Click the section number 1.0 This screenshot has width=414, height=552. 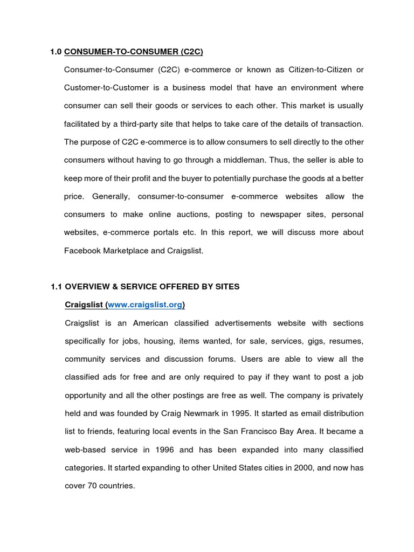point(56,52)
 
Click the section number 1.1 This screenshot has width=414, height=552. point(56,287)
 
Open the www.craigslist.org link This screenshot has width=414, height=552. point(145,305)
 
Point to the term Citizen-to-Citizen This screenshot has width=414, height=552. point(318,70)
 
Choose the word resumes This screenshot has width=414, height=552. point(345,341)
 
